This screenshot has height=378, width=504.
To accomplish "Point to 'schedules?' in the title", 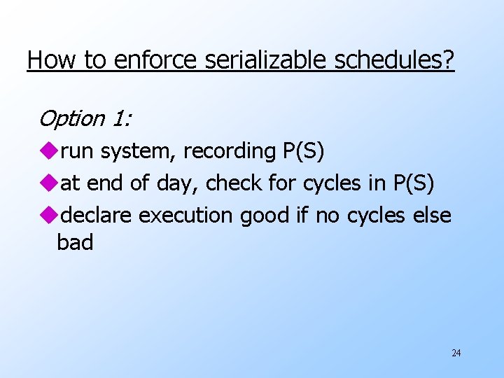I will [395, 60].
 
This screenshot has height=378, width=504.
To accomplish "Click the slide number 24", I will [456, 353].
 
